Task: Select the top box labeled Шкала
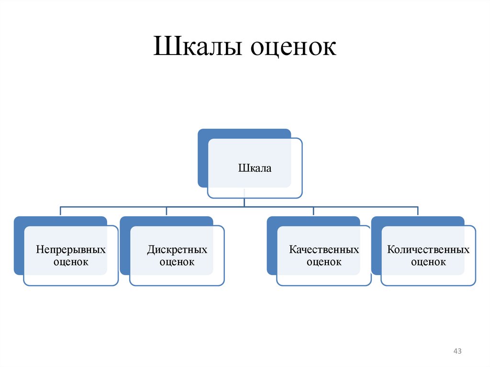coord(255,168)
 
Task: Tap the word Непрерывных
coord(71,250)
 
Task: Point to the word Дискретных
coord(177,250)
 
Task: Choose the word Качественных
coord(324,250)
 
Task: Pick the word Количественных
coord(428,250)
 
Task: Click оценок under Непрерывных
coord(71,262)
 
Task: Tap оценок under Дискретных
coord(177,262)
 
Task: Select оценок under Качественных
coord(324,262)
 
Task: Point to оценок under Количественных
coord(428,262)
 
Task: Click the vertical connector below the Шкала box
coord(244,202)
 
